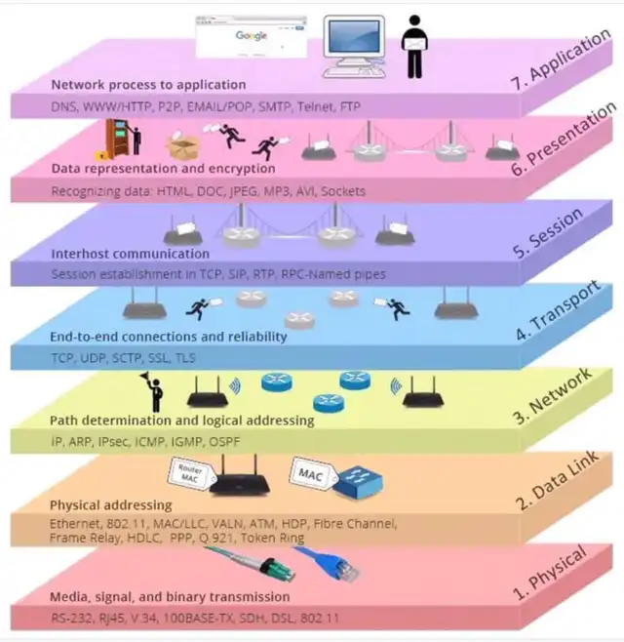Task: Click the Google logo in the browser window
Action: pyautogui.click(x=252, y=36)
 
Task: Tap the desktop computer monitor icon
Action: pyautogui.click(x=354, y=46)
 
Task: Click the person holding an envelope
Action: pyautogui.click(x=415, y=46)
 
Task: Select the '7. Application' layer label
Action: pyautogui.click(x=561, y=60)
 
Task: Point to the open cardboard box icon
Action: pyautogui.click(x=183, y=145)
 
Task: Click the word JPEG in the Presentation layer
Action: pyautogui.click(x=244, y=191)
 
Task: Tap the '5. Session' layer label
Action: pyautogui.click(x=548, y=233)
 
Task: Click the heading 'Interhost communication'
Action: pyautogui.click(x=131, y=254)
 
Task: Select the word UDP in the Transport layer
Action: pyautogui.click(x=93, y=358)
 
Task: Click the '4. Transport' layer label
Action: pyautogui.click(x=558, y=311)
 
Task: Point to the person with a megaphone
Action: pyautogui.click(x=153, y=391)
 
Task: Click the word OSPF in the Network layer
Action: pyautogui.click(x=224, y=442)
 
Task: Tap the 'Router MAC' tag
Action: pyautogui.click(x=191, y=474)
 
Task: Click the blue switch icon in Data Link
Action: pyautogui.click(x=359, y=483)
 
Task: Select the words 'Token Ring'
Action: pyautogui.click(x=272, y=538)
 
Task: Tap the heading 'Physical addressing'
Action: pyautogui.click(x=111, y=505)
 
